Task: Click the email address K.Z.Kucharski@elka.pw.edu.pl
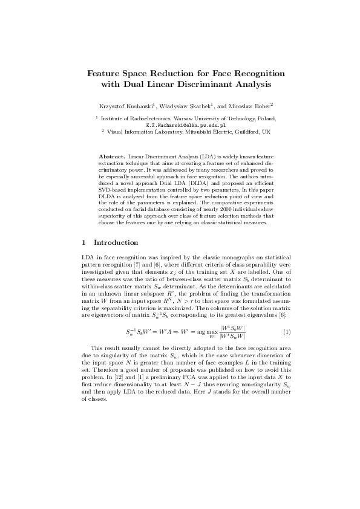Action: click(180, 125)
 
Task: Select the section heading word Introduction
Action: click(116, 242)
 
